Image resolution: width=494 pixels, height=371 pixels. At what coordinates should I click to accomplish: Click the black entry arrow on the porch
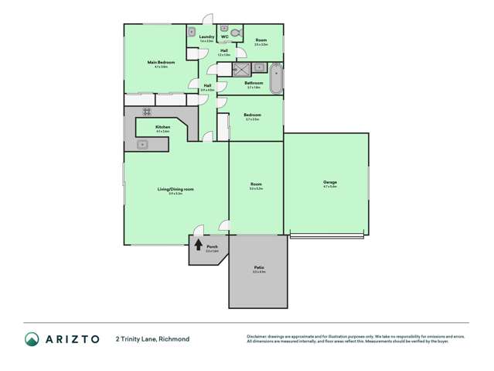click(198, 247)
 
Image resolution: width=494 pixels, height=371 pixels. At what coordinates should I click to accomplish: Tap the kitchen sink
click(142, 145)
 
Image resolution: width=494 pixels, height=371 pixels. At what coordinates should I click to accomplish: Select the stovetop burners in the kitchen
click(145, 112)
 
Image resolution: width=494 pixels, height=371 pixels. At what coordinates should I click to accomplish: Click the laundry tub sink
click(191, 33)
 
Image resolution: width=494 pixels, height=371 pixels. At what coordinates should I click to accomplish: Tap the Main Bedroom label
click(162, 62)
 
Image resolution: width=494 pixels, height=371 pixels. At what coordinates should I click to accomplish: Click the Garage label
click(329, 183)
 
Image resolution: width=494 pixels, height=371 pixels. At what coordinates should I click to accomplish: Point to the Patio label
click(258, 267)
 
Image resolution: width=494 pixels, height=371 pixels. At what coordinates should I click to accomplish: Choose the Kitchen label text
click(162, 127)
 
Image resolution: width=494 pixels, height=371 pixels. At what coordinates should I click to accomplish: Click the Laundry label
click(206, 36)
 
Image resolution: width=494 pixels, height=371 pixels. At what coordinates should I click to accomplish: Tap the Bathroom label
click(254, 83)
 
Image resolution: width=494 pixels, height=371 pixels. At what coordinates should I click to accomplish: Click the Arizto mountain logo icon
click(32, 338)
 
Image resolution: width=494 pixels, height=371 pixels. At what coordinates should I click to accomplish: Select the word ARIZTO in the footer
click(73, 338)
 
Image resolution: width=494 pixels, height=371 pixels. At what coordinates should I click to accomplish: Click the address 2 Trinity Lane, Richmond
click(152, 338)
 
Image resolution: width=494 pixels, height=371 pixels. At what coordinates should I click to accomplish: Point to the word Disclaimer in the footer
click(258, 336)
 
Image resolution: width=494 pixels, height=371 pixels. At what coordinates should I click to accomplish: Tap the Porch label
click(212, 246)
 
